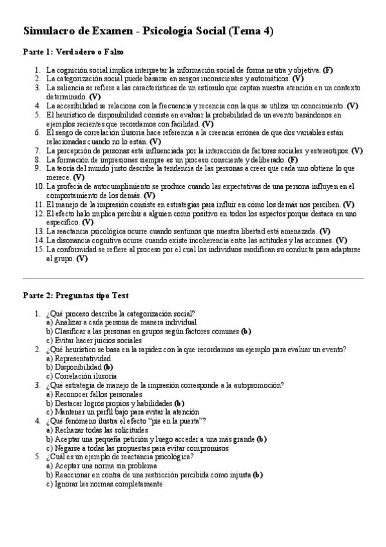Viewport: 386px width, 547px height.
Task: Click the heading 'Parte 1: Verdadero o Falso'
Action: (73, 51)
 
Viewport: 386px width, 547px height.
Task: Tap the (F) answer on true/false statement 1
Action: (328, 69)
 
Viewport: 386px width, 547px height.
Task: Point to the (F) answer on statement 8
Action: (293, 159)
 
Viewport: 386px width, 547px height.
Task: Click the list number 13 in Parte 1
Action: (39, 230)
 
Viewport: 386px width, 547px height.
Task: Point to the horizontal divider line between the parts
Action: (193, 278)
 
